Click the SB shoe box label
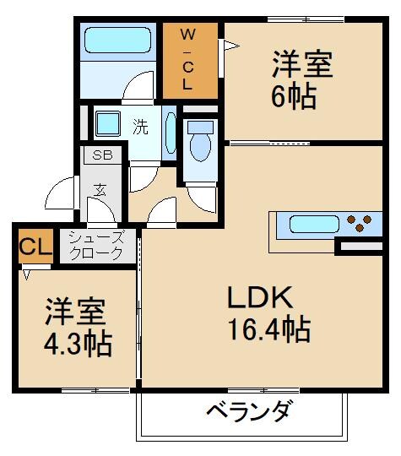103,155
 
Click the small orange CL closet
35,247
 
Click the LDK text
259,298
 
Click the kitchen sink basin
313,225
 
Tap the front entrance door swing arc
61,196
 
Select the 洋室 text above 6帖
301,65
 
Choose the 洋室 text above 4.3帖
75,312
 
